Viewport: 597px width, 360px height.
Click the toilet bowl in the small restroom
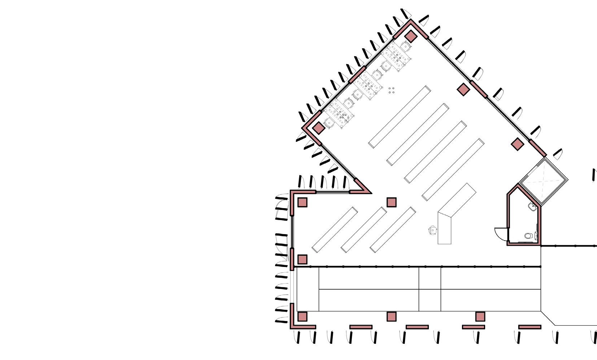point(528,236)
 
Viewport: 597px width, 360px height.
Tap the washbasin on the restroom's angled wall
point(532,206)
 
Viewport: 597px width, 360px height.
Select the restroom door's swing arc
point(500,233)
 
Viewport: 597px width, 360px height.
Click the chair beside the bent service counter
point(433,230)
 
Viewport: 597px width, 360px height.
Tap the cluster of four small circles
point(391,90)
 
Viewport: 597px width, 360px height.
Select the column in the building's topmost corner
point(410,36)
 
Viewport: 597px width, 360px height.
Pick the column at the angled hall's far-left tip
point(318,128)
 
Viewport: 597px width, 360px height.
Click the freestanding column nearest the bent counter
point(392,202)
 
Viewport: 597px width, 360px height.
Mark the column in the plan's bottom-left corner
point(302,317)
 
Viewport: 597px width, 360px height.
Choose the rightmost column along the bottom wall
point(480,317)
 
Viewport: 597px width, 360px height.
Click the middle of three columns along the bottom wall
point(392,317)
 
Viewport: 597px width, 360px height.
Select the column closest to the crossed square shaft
point(518,144)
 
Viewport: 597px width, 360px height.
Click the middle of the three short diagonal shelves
point(364,230)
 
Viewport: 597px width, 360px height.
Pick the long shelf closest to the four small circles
point(400,117)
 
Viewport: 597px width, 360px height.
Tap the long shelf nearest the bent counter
point(453,169)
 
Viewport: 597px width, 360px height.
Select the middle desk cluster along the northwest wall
point(368,85)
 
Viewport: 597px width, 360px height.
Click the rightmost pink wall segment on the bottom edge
point(530,327)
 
